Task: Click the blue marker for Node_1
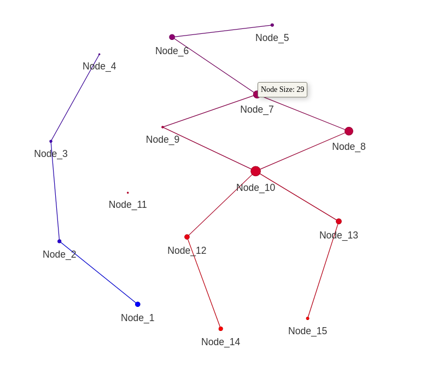point(138,304)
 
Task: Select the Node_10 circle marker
point(255,171)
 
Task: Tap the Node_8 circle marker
point(349,131)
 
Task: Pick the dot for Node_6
point(172,37)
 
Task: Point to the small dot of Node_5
point(272,25)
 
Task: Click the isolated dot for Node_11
point(128,193)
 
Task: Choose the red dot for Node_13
point(339,222)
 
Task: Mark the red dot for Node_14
point(221,329)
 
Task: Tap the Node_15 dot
point(308,318)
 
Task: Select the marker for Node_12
point(187,237)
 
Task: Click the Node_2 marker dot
point(60,241)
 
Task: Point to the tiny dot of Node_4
point(100,54)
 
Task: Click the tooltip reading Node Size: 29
point(282,90)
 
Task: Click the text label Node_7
point(257,109)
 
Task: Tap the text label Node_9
point(162,139)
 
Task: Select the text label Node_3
point(51,154)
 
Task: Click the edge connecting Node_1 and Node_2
point(98,272)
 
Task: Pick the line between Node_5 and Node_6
point(222,31)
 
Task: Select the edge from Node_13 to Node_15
point(323,270)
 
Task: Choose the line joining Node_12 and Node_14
point(204,283)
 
